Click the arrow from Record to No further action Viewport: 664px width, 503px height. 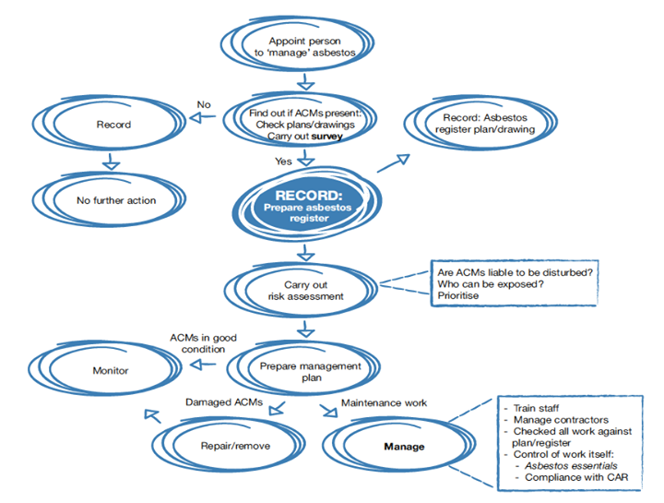(x=110, y=162)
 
